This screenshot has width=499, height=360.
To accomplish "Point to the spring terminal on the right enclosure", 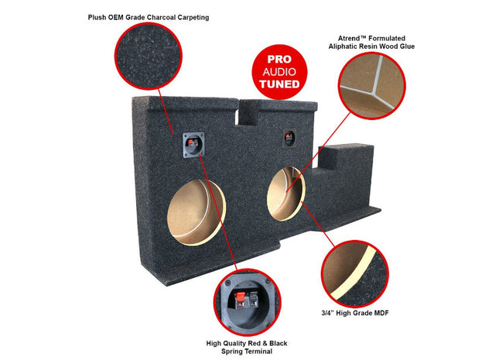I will pos(290,138).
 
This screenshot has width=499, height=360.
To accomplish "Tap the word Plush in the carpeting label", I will pos(99,16).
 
